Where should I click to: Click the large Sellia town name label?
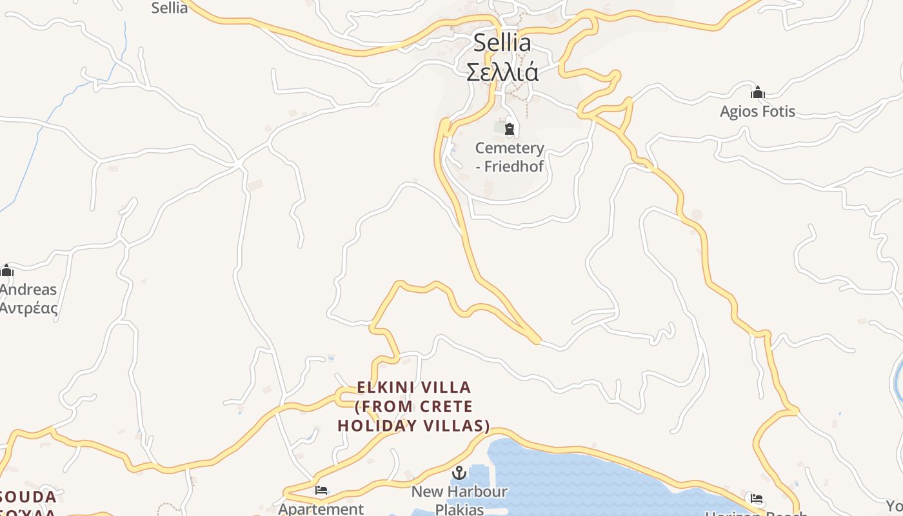[x=502, y=43]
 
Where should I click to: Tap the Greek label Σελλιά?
[x=502, y=72]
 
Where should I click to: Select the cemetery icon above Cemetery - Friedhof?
[x=510, y=129]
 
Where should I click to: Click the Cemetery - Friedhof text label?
[x=510, y=157]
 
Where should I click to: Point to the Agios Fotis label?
[x=757, y=112]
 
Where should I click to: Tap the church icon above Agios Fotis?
[x=758, y=92]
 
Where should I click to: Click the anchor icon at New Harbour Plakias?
[x=459, y=473]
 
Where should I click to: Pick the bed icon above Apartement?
[x=321, y=490]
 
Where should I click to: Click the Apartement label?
[x=321, y=509]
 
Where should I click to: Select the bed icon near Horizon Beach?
[x=757, y=499]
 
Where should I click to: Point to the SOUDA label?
[x=28, y=497]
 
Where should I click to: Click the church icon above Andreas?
[x=7, y=270]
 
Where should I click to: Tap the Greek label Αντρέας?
[x=28, y=308]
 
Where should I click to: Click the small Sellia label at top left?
[x=170, y=8]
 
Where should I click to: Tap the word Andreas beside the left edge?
[x=28, y=290]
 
